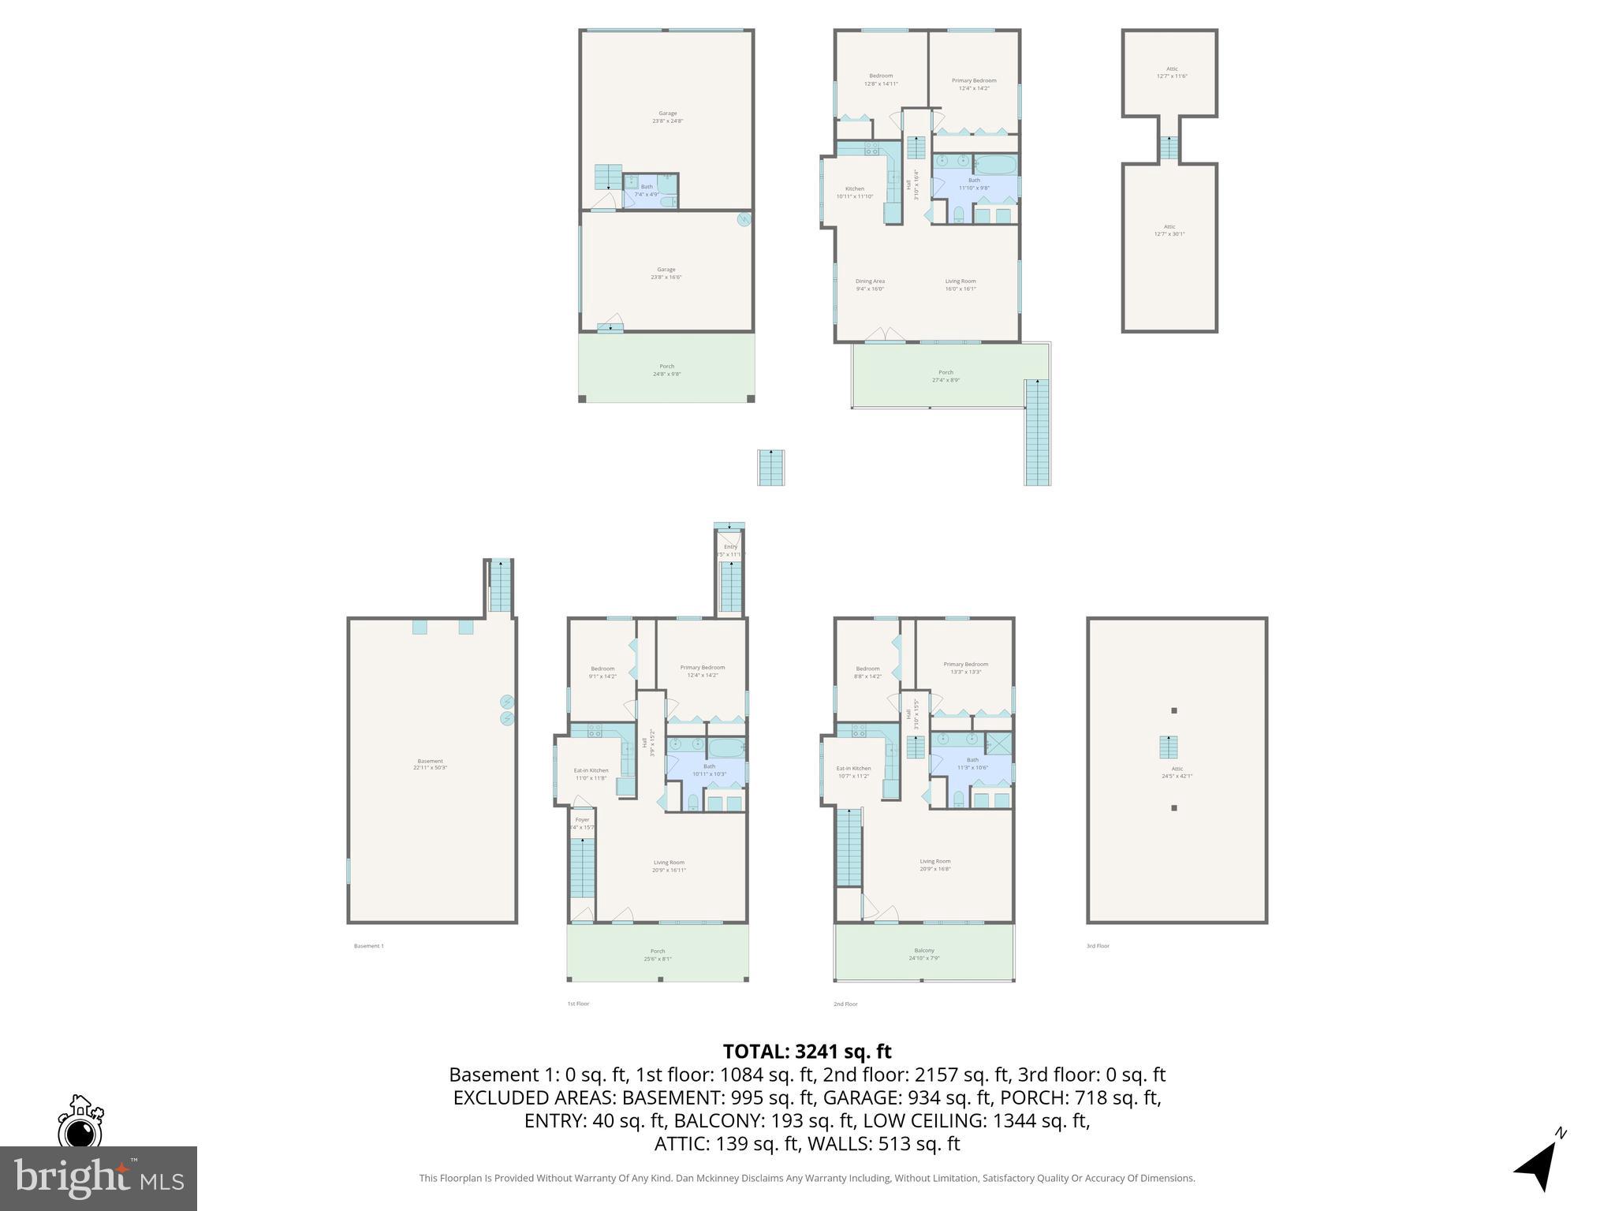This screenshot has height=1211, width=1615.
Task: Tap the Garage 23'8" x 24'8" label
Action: pos(667,117)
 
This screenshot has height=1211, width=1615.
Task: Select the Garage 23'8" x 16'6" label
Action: pos(666,273)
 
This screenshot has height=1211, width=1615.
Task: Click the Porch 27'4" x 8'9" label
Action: pos(946,376)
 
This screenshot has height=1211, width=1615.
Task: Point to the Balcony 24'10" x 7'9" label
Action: pos(924,954)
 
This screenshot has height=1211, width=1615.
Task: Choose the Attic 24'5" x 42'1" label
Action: pos(1177,772)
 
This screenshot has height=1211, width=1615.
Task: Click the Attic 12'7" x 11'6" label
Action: pos(1172,73)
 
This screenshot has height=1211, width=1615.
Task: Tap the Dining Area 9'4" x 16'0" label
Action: pos(870,285)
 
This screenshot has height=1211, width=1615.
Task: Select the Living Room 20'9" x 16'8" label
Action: pos(934,865)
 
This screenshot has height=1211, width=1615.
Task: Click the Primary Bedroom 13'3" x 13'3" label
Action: pos(965,668)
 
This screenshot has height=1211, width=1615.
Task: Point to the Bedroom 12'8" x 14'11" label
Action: pos(881,80)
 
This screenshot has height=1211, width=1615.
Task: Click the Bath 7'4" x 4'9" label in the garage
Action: pos(647,191)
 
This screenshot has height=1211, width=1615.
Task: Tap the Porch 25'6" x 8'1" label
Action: pos(658,955)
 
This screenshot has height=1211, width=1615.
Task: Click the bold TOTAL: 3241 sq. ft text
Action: pos(807,1052)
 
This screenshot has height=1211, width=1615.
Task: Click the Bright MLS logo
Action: pos(98,1178)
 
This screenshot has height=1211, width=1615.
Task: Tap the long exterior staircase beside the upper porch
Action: pos(1037,432)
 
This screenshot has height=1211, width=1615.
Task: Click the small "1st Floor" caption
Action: pos(578,1004)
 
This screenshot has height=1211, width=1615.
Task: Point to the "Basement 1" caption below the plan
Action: pos(368,946)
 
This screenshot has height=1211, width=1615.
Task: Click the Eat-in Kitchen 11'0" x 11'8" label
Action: pos(591,774)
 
